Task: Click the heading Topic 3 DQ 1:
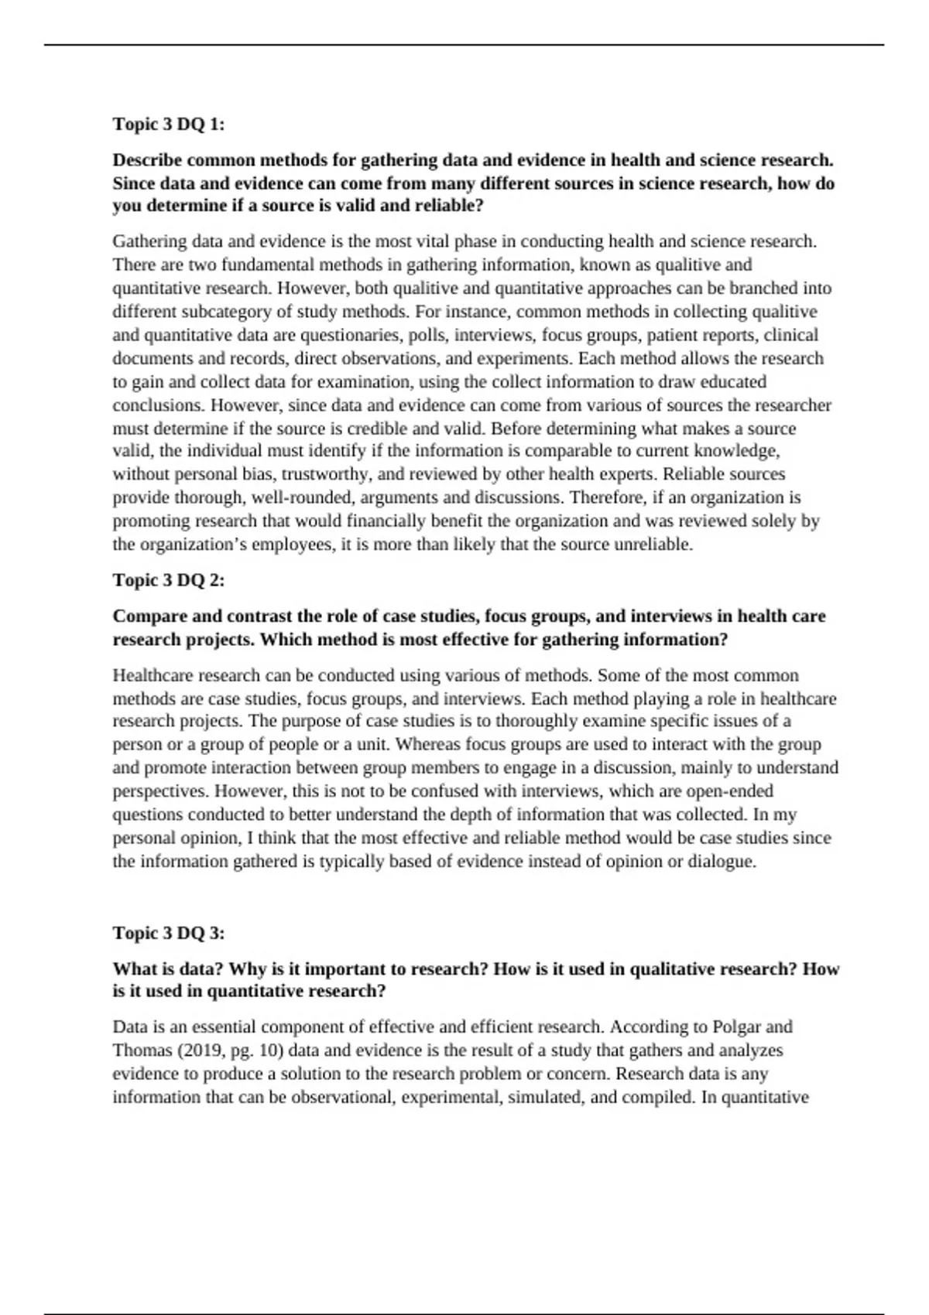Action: pyautogui.click(x=169, y=124)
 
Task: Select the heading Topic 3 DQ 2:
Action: pyautogui.click(x=169, y=580)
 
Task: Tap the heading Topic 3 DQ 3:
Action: pyautogui.click(x=169, y=933)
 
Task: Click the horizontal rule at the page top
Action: pyautogui.click(x=464, y=45)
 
